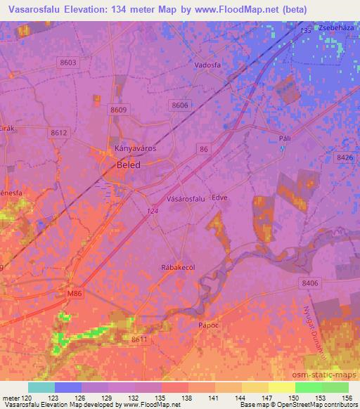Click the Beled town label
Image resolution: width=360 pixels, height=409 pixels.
[x=128, y=164]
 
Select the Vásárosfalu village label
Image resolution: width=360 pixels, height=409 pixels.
[x=186, y=199]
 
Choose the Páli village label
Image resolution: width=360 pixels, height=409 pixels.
[x=284, y=139]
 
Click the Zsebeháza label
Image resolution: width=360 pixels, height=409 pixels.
[x=335, y=25]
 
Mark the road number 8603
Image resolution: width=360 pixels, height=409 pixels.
[x=68, y=63]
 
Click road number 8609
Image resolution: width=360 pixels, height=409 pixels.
[x=118, y=110]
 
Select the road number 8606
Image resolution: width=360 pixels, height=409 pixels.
[x=179, y=105]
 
